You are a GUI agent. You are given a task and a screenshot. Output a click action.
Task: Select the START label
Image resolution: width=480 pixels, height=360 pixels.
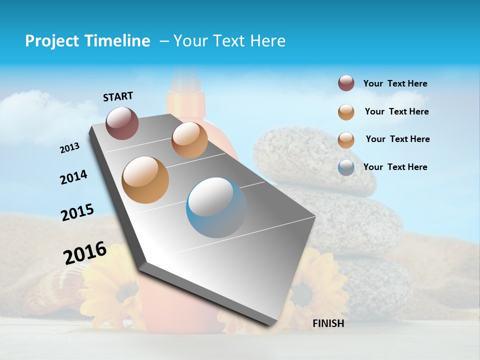click(x=118, y=96)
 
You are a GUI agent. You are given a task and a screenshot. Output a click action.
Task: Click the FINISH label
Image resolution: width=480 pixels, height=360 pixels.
click(x=328, y=323)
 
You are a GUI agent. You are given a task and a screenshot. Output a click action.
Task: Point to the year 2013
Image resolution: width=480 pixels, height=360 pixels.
click(x=69, y=148)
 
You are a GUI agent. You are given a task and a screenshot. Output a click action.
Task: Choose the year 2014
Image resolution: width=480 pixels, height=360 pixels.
click(x=73, y=177)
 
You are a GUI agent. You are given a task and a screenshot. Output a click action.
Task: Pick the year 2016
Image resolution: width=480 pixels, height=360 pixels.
click(x=85, y=253)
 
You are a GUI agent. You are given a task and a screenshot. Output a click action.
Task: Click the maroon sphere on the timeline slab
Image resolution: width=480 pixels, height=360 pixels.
click(x=122, y=123)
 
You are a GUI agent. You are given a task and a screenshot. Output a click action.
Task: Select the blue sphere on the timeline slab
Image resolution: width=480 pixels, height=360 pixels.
click(x=216, y=207)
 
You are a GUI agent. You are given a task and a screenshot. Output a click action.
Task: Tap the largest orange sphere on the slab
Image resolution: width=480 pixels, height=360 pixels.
click(x=145, y=179)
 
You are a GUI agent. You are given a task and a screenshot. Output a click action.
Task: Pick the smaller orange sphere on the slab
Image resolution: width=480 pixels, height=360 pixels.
click(x=189, y=140)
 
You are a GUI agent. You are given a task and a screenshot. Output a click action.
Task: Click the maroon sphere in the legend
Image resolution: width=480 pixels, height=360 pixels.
click(x=346, y=83)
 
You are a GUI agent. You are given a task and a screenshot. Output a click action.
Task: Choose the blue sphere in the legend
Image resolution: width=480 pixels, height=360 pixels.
click(x=346, y=167)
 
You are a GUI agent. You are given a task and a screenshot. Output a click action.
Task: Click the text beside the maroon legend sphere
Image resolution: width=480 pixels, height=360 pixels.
click(x=395, y=83)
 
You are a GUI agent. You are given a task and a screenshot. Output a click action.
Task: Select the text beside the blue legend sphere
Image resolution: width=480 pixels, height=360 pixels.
click(x=395, y=167)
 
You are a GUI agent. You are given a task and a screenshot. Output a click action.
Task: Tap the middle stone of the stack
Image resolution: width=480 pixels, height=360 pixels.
click(x=350, y=220)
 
